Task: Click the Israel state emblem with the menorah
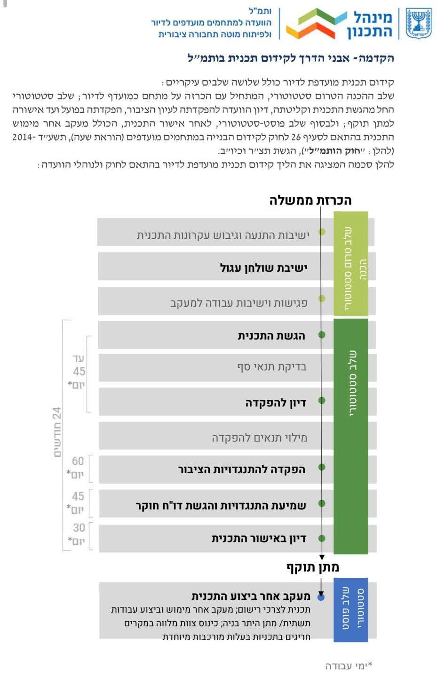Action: tap(419, 24)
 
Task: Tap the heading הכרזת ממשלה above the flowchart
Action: tap(310, 201)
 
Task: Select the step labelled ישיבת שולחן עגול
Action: tap(263, 267)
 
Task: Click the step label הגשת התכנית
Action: tap(271, 336)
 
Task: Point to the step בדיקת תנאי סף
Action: tap(271, 367)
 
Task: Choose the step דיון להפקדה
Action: tap(276, 403)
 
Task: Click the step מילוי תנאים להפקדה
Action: tap(259, 437)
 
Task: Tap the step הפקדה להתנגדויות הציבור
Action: tap(242, 469)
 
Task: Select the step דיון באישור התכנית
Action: tap(259, 538)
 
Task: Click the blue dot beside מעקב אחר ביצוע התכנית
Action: tap(321, 598)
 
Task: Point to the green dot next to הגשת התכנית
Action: tap(322, 335)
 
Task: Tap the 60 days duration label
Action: tap(76, 468)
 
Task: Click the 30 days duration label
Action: tap(76, 534)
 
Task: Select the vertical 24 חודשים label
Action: tap(57, 432)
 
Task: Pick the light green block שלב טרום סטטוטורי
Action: tap(350, 264)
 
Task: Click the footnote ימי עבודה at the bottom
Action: tap(349, 665)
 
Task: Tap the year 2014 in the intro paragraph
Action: tap(23, 137)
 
